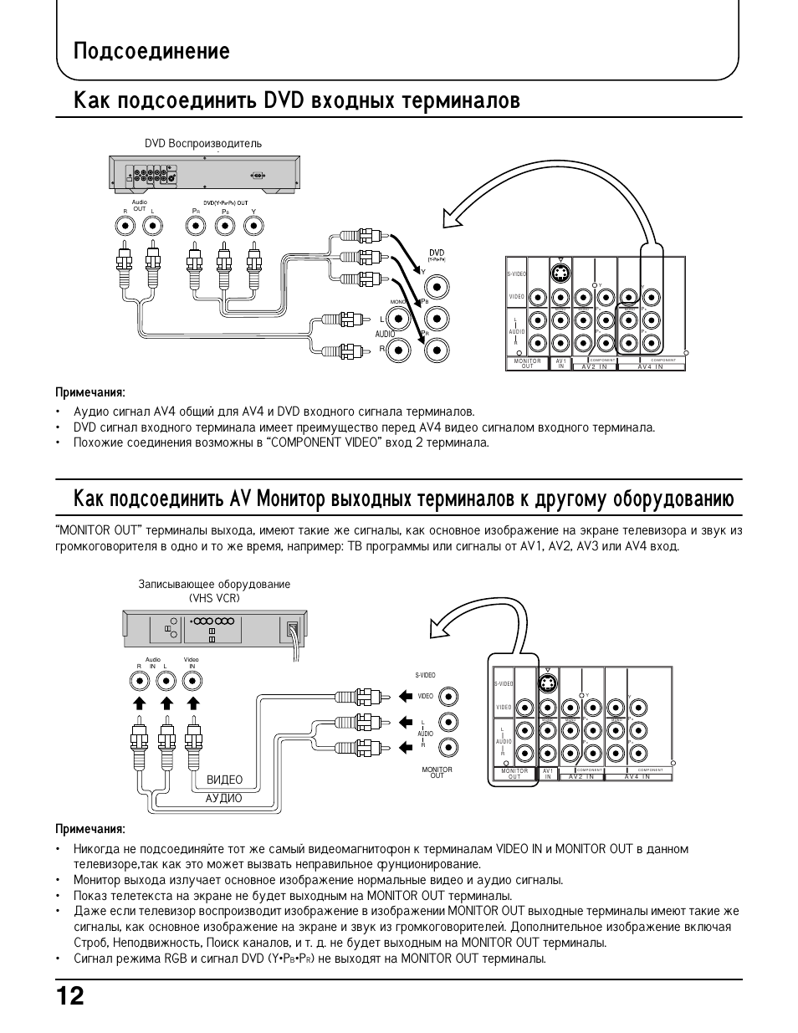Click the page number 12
point(70,999)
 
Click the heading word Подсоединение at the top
point(151,52)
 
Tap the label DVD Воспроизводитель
point(203,143)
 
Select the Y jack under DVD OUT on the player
point(253,225)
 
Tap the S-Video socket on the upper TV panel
point(561,274)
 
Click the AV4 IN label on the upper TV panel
point(650,366)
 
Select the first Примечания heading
point(90,392)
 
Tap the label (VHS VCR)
point(214,598)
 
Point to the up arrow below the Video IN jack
point(192,703)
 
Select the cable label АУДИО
point(223,798)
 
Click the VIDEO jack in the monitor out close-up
point(449,695)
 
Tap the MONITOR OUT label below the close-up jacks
point(437,772)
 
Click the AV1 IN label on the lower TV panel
point(548,774)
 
